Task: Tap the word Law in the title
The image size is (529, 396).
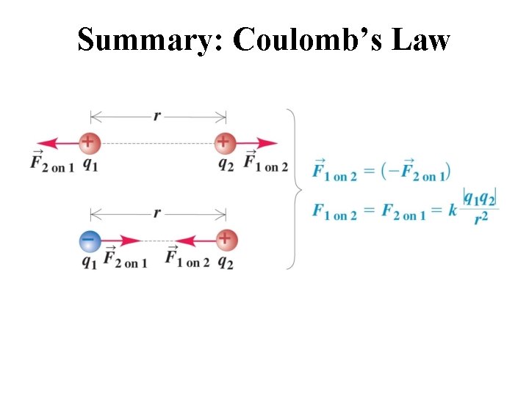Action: (x=420, y=40)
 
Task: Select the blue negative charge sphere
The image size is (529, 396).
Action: (x=90, y=239)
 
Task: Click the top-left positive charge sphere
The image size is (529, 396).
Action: (x=89, y=142)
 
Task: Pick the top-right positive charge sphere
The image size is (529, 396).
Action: (x=224, y=142)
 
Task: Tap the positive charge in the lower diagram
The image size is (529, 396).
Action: (x=225, y=239)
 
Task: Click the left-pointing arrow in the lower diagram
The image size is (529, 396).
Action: (x=194, y=240)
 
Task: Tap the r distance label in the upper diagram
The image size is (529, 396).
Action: (x=156, y=115)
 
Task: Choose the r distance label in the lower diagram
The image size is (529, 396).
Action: (x=156, y=213)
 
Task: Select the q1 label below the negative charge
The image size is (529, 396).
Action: (x=89, y=262)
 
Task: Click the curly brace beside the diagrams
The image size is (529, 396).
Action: (x=295, y=189)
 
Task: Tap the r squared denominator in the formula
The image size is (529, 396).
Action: (x=482, y=218)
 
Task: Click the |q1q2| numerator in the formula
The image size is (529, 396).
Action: (x=481, y=199)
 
